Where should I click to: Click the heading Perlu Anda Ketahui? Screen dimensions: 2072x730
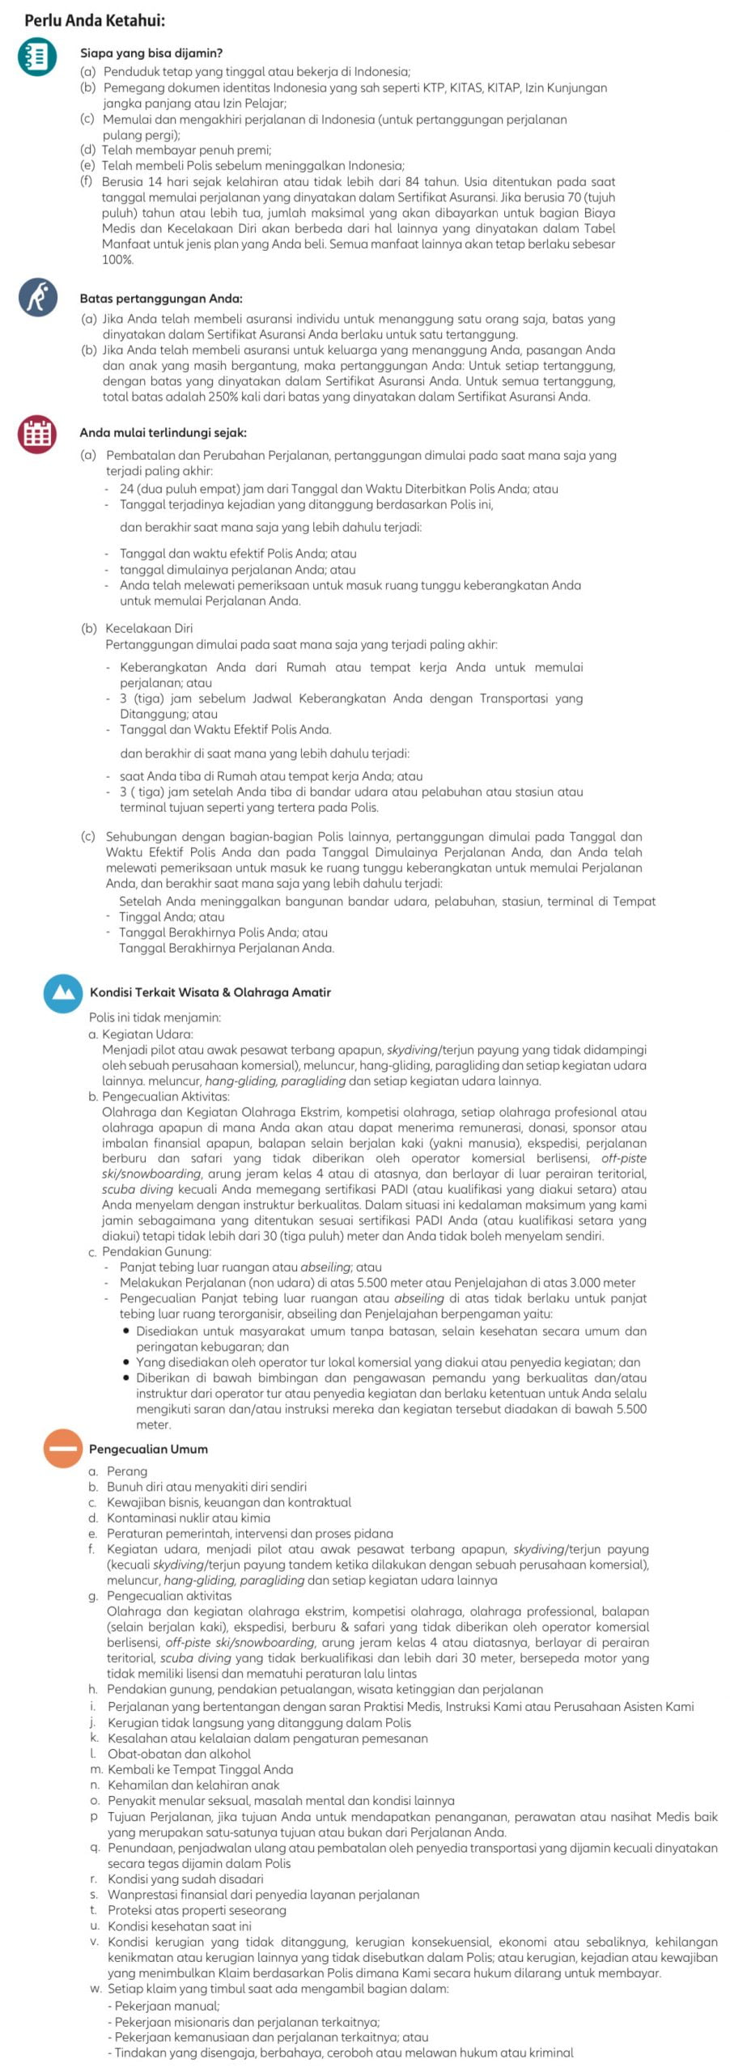(x=94, y=21)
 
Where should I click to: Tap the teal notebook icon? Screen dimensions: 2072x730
(x=37, y=57)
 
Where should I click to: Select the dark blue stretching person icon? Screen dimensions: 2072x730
(x=37, y=297)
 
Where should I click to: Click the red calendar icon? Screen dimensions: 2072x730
(x=37, y=434)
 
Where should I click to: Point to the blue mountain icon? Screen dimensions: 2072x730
(x=62, y=993)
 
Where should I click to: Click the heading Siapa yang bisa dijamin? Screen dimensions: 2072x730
(x=151, y=53)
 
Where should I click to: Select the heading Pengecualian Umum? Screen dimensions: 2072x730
(x=148, y=1449)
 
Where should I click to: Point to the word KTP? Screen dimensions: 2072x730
(x=424, y=87)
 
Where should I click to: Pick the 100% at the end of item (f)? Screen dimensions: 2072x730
(x=117, y=260)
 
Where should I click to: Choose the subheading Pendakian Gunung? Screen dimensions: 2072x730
(x=156, y=1251)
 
